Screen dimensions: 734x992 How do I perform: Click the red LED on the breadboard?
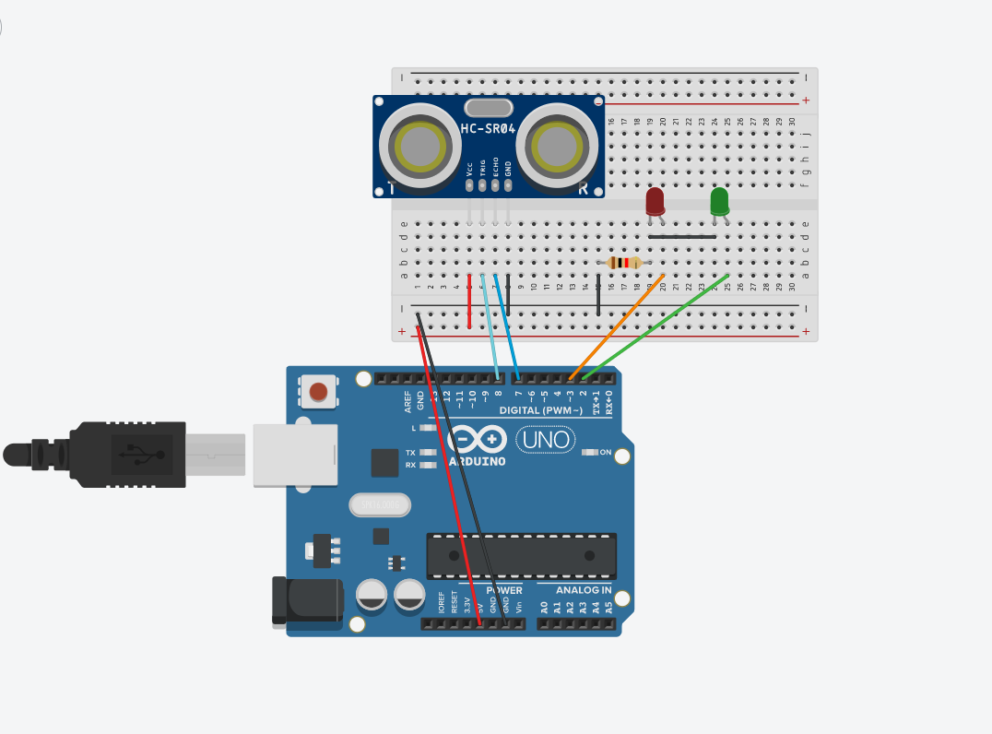point(655,201)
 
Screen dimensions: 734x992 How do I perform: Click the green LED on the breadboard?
point(719,201)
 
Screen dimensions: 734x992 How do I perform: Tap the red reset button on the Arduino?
point(318,392)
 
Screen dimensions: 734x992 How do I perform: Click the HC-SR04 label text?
point(488,130)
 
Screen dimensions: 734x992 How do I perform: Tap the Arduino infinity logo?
point(478,438)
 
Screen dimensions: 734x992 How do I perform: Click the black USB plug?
point(129,454)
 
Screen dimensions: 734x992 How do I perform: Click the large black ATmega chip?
point(521,555)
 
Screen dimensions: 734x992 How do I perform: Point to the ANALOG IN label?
point(584,590)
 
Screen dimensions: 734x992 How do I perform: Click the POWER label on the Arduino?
point(503,590)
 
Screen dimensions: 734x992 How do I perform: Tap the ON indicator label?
point(605,452)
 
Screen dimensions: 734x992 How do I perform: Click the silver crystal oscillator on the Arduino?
point(379,504)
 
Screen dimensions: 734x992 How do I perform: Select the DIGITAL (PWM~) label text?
point(540,409)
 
